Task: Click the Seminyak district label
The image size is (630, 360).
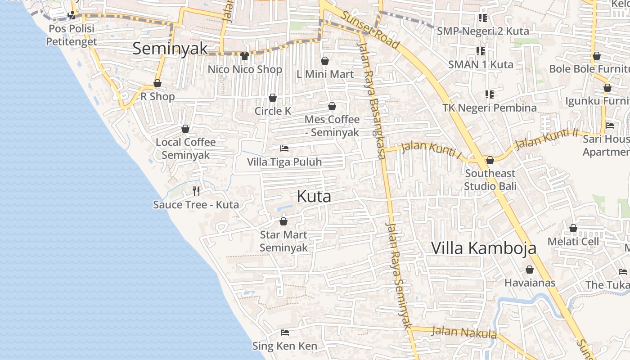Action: pyautogui.click(x=170, y=49)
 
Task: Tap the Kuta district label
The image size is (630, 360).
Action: pyautogui.click(x=314, y=196)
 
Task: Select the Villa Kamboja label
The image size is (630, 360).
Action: pyautogui.click(x=484, y=248)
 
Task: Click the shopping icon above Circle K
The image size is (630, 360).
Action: pyautogui.click(x=273, y=98)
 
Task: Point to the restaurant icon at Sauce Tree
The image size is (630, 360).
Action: pyautogui.click(x=196, y=191)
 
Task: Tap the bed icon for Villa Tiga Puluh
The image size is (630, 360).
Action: pyautogui.click(x=284, y=148)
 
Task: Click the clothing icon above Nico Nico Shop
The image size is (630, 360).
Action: pyautogui.click(x=245, y=56)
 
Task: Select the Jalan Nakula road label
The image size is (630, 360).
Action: pyautogui.click(x=464, y=333)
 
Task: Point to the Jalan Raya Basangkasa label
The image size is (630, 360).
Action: pyautogui.click(x=372, y=99)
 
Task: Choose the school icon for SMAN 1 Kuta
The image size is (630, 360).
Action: pyautogui.click(x=480, y=51)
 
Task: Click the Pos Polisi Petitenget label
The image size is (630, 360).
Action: pyautogui.click(x=72, y=35)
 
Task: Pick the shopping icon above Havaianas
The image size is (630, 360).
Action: pyautogui.click(x=530, y=270)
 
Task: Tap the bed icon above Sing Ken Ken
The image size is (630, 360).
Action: pyautogui.click(x=284, y=333)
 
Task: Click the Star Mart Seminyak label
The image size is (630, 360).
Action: pyautogui.click(x=283, y=241)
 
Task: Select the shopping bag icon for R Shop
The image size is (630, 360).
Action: pyautogui.click(x=157, y=84)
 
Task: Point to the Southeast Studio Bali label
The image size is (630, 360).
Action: pyautogui.click(x=490, y=180)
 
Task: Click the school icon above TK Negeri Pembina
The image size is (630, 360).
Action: pyautogui.click(x=489, y=94)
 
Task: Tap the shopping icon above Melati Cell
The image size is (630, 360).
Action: pyautogui.click(x=573, y=229)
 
